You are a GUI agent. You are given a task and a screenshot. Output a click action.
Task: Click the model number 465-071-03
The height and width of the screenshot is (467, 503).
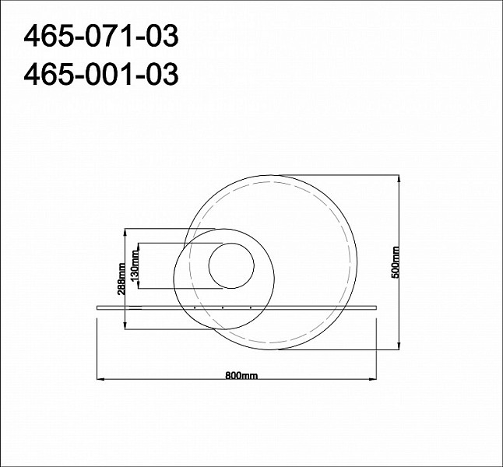pyautogui.click(x=101, y=37)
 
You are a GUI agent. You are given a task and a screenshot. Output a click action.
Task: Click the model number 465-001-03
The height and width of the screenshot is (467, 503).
pyautogui.click(x=101, y=74)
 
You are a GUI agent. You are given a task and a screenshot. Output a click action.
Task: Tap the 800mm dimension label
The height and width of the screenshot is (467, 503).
pyautogui.click(x=241, y=375)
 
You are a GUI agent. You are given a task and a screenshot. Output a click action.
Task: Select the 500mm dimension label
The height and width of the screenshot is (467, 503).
pyautogui.click(x=396, y=262)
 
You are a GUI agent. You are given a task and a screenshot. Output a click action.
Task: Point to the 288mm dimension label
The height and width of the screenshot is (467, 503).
pyautogui.click(x=121, y=279)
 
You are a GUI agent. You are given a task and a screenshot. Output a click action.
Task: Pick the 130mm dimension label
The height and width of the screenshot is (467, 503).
pyautogui.click(x=135, y=265)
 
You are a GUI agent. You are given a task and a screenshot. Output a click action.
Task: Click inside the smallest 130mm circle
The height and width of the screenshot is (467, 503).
pyautogui.click(x=231, y=265)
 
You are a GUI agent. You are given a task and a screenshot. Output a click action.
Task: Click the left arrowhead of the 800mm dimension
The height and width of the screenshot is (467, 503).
pyautogui.click(x=100, y=379)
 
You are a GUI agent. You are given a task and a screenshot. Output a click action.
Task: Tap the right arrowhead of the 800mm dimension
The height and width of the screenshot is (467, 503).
pyautogui.click(x=373, y=379)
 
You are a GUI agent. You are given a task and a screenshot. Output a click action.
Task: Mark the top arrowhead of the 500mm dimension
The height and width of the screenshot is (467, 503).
pyautogui.click(x=399, y=179)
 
